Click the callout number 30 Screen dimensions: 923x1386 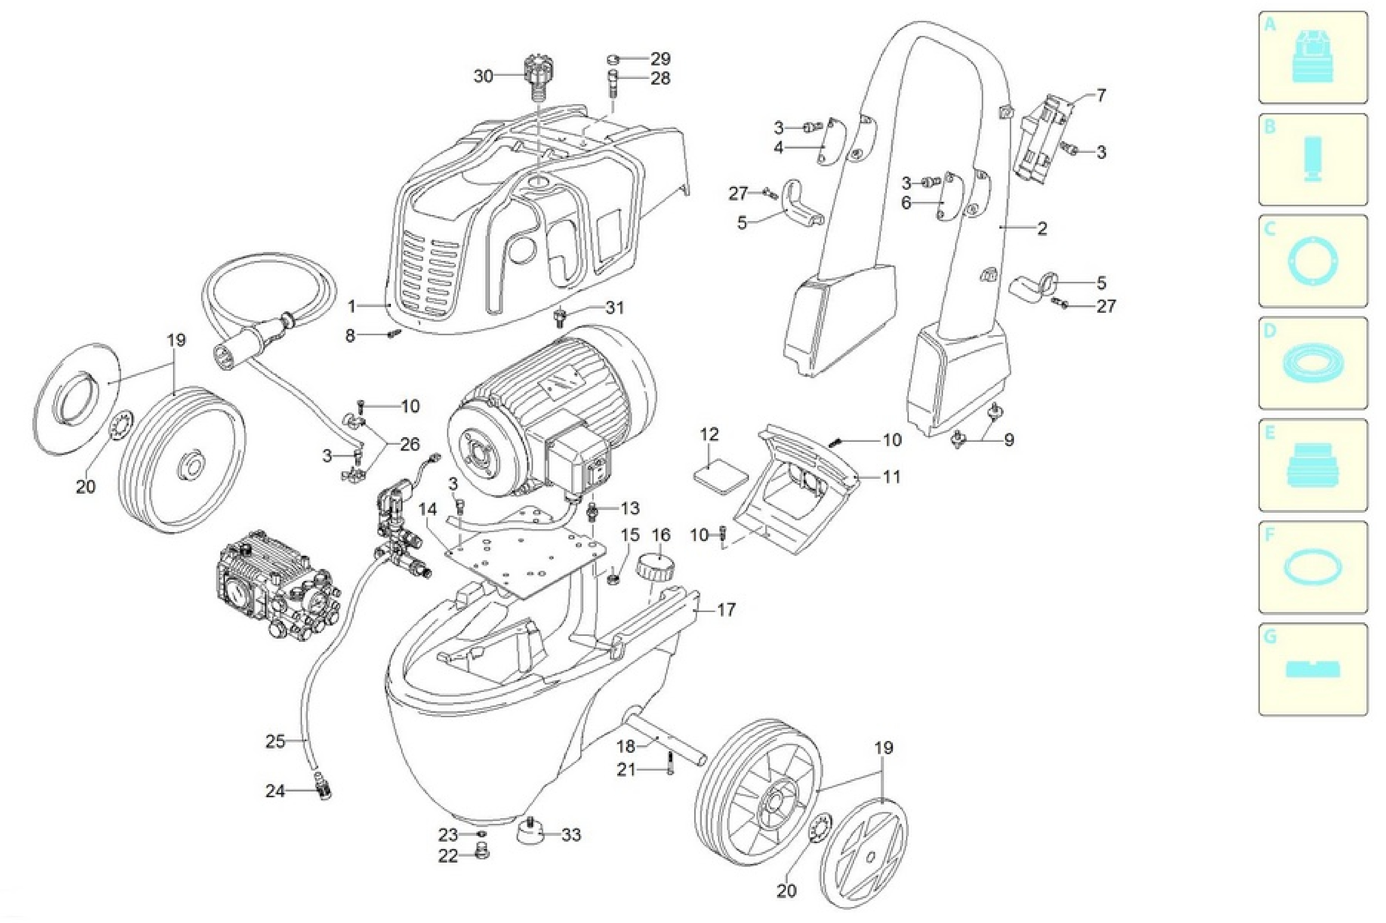coord(483,76)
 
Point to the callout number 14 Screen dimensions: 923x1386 coord(428,510)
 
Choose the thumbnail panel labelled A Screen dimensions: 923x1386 coord(1313,58)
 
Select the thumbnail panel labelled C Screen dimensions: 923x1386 coord(1313,261)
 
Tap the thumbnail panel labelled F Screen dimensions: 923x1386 coord(1313,567)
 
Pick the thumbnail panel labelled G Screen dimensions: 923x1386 coord(1313,669)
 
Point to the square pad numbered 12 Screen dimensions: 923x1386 coord(720,474)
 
